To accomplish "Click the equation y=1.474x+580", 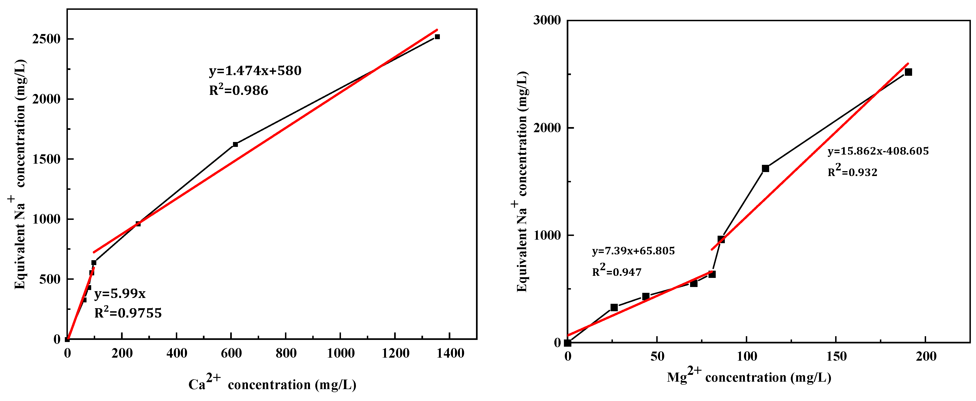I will click(x=255, y=71).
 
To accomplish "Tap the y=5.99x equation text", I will click(x=120, y=294).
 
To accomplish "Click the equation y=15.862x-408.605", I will click(x=878, y=151).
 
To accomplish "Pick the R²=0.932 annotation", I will click(x=852, y=172).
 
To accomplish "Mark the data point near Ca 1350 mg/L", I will click(x=437, y=37).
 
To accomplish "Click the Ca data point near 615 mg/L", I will click(x=235, y=144).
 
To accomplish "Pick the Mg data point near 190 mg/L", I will click(x=908, y=72).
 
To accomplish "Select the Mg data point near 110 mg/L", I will click(x=765, y=169).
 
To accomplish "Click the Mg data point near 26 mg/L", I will click(x=614, y=308).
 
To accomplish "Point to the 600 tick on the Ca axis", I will click(x=231, y=353).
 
